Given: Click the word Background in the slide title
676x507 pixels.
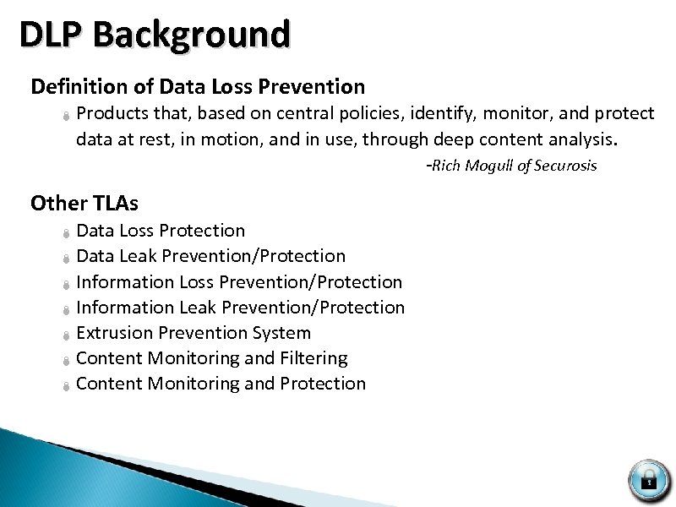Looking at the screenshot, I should click(x=193, y=35).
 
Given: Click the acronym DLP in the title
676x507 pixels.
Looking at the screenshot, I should click(x=53, y=35).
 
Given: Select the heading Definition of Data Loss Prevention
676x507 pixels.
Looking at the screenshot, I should click(x=198, y=86).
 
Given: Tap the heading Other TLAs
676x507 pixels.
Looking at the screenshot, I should click(x=84, y=203).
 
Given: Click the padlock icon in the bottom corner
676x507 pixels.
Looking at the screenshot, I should click(x=648, y=480).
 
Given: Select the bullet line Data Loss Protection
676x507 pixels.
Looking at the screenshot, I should click(x=161, y=231).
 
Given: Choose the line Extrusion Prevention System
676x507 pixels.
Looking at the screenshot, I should click(x=194, y=333).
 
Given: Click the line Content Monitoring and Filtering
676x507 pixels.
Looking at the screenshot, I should click(x=211, y=358).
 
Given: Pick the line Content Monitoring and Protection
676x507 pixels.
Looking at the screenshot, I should click(x=221, y=384).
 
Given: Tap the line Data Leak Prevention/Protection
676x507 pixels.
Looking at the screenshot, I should click(x=210, y=256).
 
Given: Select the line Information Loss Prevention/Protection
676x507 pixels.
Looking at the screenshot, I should click(x=239, y=282).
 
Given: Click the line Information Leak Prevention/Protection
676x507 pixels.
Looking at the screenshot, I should click(x=240, y=308).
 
